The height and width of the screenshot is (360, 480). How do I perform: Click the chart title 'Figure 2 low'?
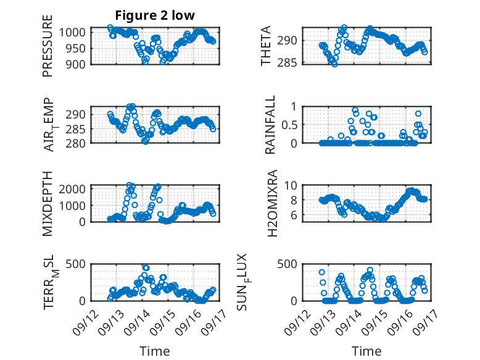click(x=155, y=15)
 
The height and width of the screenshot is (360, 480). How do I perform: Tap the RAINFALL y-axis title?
click(x=270, y=125)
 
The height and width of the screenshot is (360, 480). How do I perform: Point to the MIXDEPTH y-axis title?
click(x=48, y=203)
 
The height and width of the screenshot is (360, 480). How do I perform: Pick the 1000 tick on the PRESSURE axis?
click(x=77, y=32)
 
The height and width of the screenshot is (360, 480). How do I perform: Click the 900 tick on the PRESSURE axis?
click(x=79, y=64)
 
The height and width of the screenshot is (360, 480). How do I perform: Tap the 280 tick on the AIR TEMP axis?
click(x=79, y=143)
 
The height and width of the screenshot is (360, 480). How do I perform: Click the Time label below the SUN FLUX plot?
click(x=366, y=351)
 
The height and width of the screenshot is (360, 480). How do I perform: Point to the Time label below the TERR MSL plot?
click(x=155, y=351)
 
